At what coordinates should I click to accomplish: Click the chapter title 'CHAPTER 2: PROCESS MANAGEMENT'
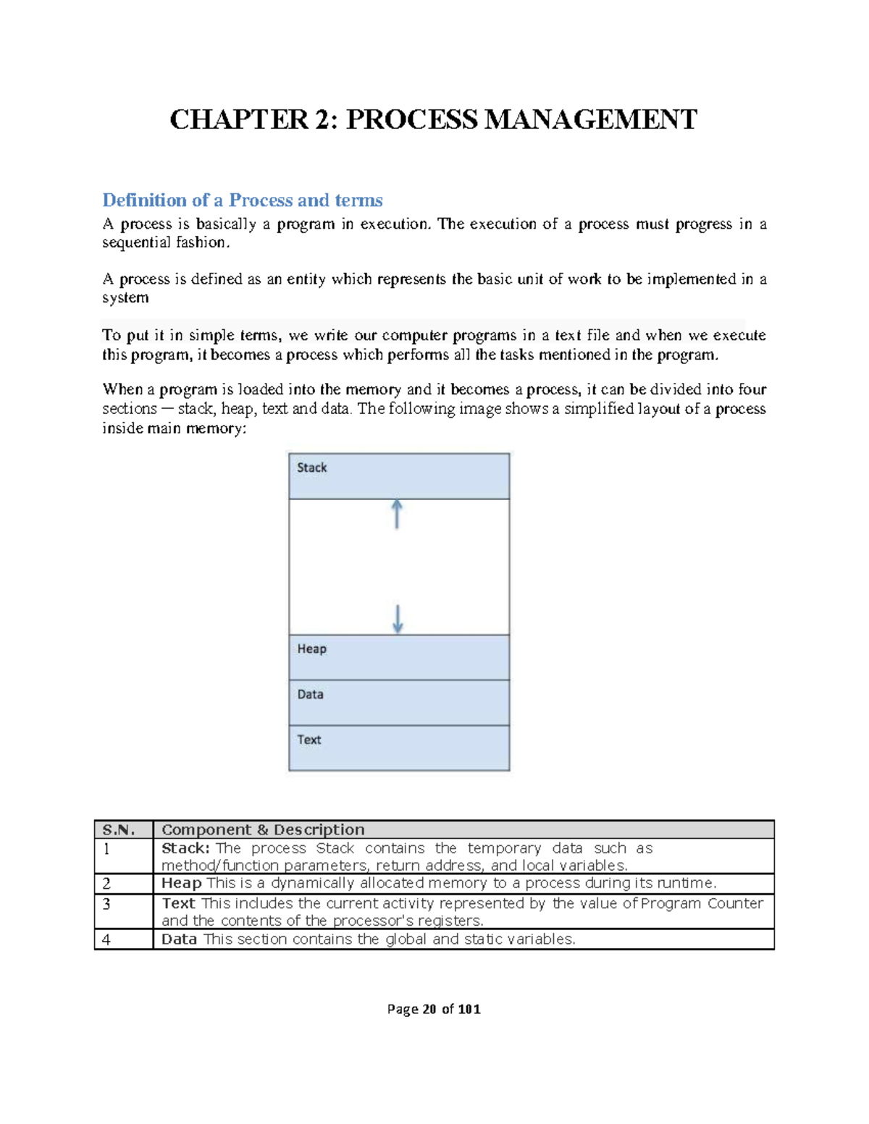433,119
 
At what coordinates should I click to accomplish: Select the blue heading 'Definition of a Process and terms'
242,200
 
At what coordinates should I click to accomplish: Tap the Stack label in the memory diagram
311,468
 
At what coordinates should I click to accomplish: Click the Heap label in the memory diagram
311,648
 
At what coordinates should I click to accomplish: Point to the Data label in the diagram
310,694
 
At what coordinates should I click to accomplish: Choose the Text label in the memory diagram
308,740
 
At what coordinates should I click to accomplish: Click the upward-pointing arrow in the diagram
397,513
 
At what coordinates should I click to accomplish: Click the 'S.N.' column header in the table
119,829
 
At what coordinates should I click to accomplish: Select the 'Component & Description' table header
263,829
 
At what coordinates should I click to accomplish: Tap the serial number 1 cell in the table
106,849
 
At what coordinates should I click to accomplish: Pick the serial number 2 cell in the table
106,884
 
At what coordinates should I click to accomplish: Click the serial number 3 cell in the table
106,904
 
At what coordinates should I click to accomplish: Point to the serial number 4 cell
106,939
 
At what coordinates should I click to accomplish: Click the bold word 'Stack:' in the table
185,848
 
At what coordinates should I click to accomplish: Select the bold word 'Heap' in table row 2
181,883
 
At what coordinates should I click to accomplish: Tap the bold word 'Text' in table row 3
178,903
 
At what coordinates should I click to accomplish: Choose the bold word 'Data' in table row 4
179,939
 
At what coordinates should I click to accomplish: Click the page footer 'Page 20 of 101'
434,1009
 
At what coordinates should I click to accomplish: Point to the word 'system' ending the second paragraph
125,297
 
